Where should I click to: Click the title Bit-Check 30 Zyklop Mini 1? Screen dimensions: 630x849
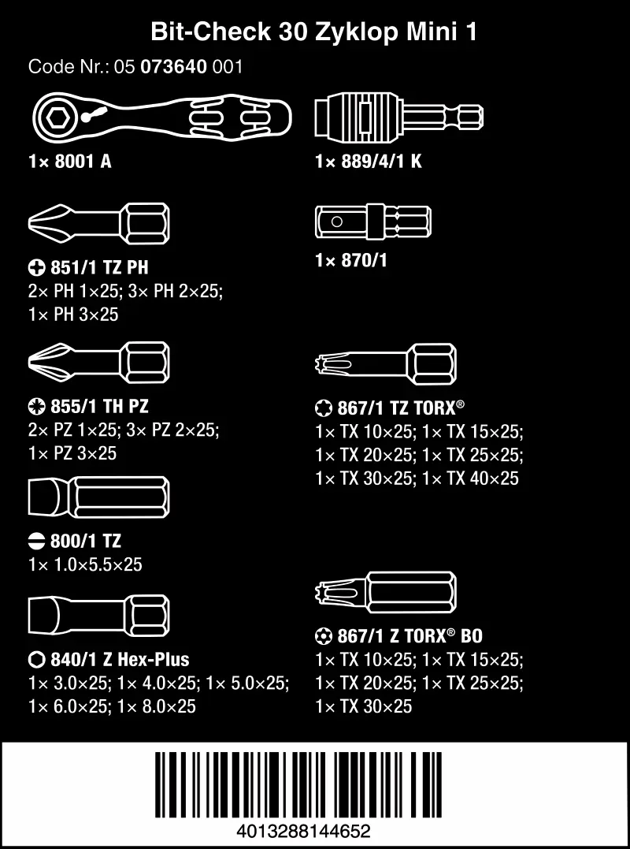(314, 32)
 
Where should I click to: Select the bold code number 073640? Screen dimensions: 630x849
(173, 67)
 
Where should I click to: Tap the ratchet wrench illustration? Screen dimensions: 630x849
(162, 117)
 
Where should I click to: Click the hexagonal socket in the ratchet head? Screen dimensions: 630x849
(57, 117)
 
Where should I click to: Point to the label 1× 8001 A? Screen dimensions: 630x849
(70, 162)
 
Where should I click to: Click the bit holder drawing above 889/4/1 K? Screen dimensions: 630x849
(399, 115)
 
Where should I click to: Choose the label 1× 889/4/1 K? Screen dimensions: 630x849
(369, 162)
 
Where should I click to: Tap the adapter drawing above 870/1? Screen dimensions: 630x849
(372, 222)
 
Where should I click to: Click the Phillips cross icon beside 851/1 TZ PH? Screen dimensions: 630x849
(37, 267)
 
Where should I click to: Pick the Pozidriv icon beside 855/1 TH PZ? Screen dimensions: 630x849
(37, 406)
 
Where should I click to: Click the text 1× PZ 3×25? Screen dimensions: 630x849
(72, 452)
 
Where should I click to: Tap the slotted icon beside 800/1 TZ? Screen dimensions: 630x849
(37, 541)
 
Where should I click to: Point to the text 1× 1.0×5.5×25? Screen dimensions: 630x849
(85, 564)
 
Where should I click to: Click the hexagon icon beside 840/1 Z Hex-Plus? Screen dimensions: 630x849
(37, 660)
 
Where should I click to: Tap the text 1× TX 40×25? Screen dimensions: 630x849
(470, 478)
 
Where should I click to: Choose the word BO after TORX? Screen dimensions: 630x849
(471, 635)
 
